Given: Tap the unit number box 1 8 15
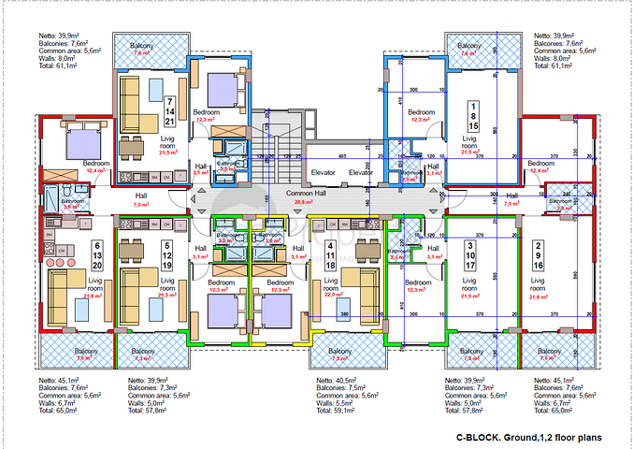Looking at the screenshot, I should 474,114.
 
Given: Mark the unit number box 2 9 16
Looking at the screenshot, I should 539,253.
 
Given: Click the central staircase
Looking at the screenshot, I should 278,164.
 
